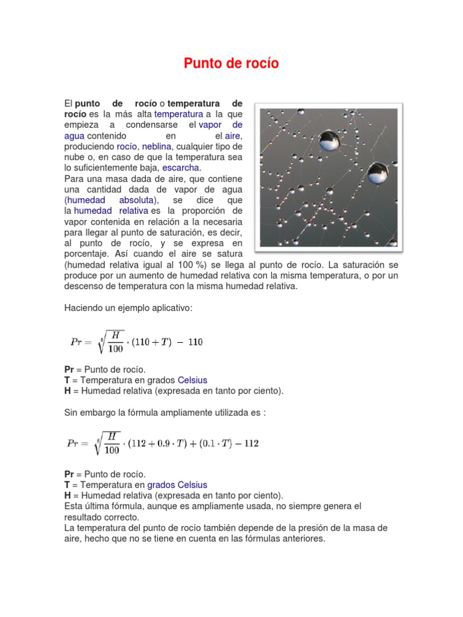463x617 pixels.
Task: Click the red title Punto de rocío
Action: (x=231, y=64)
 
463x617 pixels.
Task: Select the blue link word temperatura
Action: (x=178, y=114)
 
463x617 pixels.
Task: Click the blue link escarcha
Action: (x=181, y=168)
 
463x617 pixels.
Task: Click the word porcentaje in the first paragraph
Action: (x=88, y=254)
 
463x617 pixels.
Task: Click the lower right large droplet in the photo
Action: (x=377, y=174)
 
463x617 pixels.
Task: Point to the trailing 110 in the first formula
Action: (x=195, y=342)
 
